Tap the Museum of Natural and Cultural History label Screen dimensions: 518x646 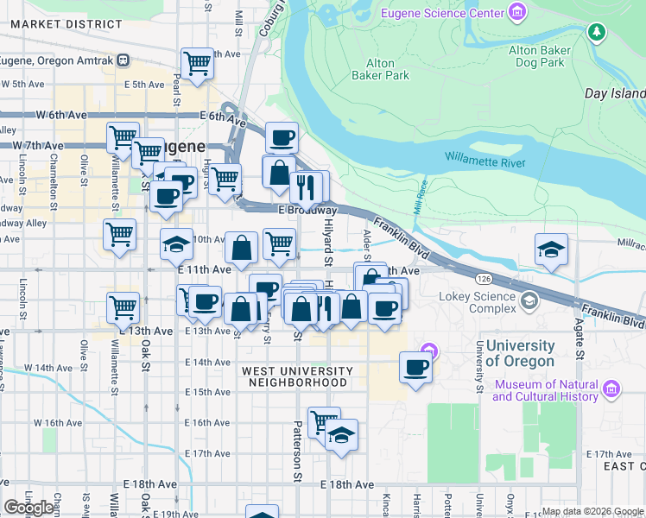(x=545, y=390)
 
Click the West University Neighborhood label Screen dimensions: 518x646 (x=297, y=376)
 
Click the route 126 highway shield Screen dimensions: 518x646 (x=484, y=278)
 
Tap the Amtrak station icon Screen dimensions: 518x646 (x=123, y=60)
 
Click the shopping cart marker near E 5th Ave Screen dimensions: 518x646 (x=198, y=63)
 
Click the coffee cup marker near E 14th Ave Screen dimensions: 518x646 (x=416, y=368)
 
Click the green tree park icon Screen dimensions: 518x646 (x=596, y=33)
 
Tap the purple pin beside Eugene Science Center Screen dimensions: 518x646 (x=516, y=12)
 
